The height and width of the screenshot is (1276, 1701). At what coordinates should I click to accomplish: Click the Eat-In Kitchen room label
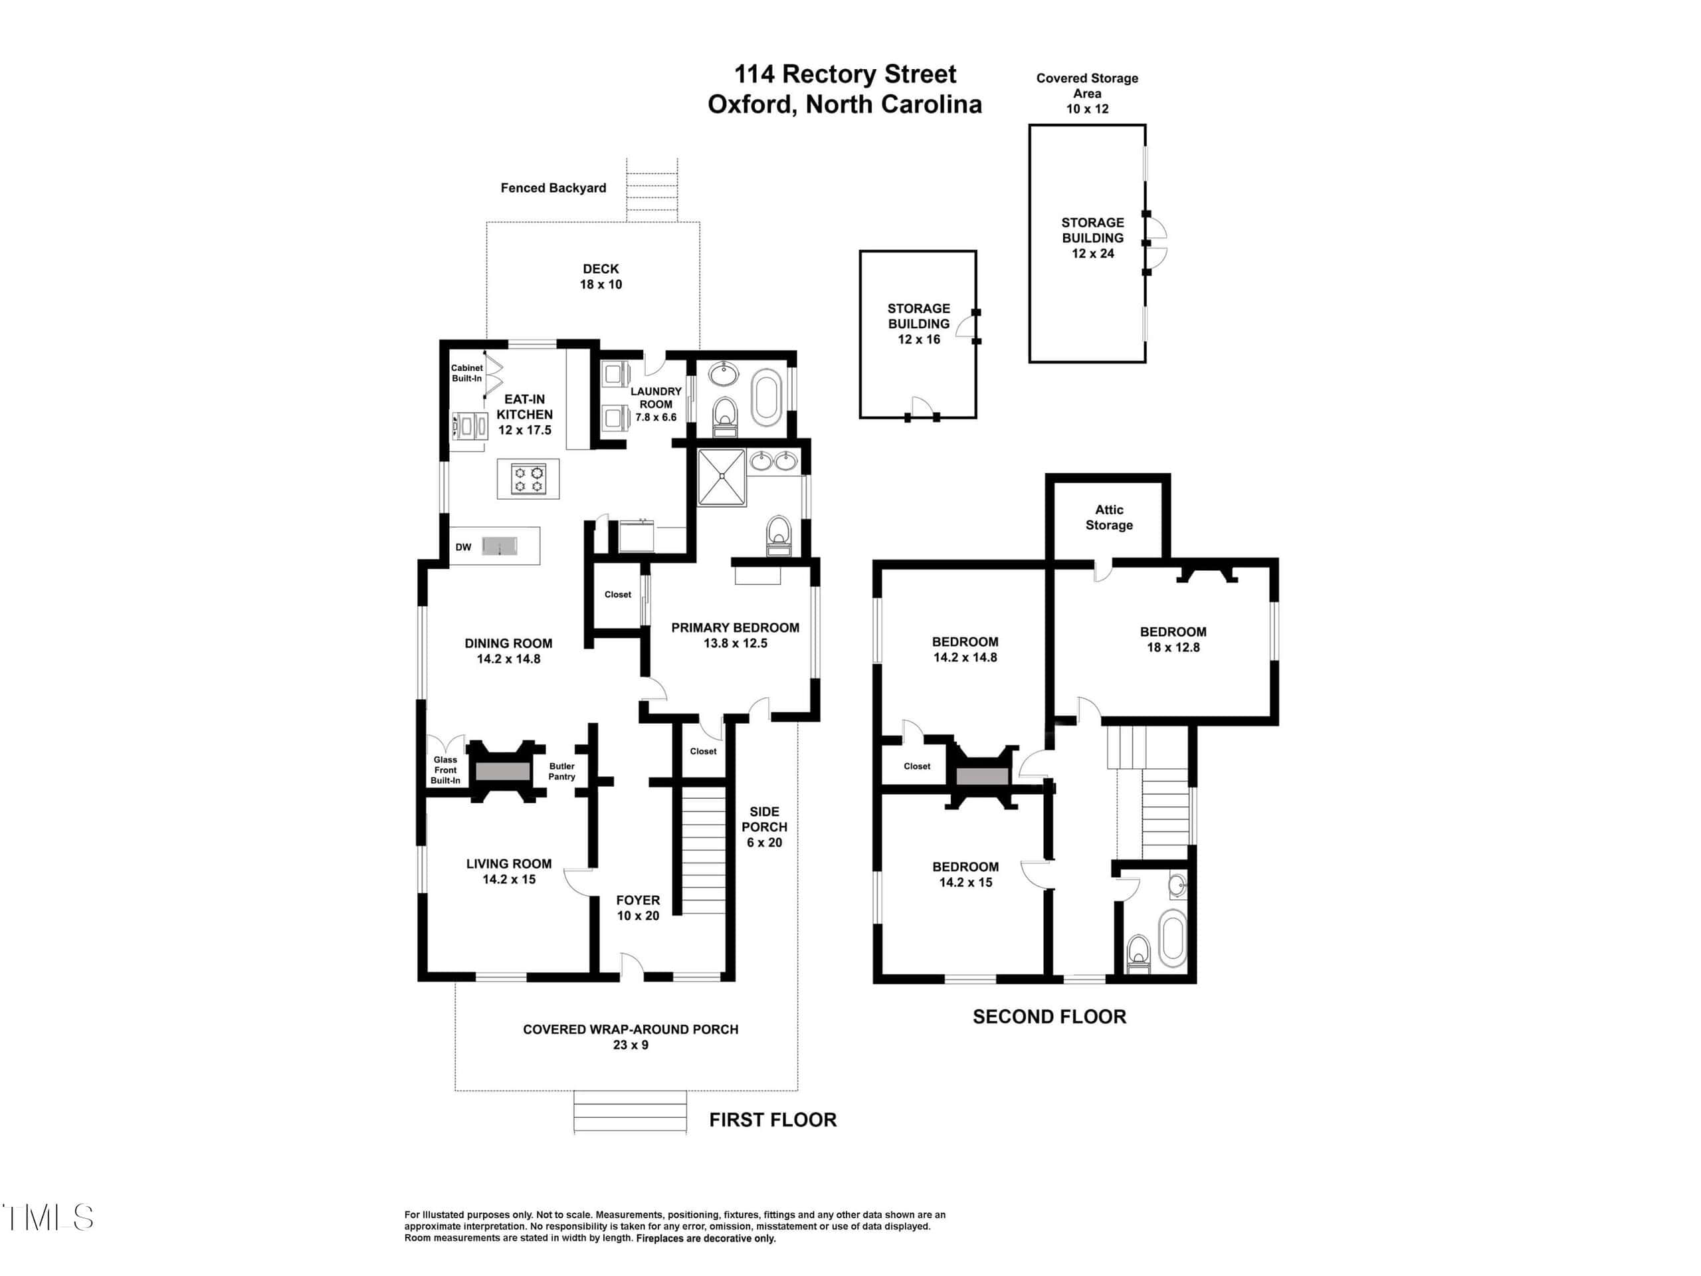coord(524,415)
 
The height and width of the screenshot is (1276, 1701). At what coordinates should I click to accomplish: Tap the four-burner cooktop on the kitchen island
coord(529,478)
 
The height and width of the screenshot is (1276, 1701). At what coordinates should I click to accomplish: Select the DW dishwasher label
coord(463,548)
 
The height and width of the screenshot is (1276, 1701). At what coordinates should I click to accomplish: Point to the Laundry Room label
coord(656,404)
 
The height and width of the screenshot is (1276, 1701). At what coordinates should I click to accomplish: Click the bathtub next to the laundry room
coord(766,397)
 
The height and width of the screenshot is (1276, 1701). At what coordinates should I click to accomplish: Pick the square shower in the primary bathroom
coord(722,478)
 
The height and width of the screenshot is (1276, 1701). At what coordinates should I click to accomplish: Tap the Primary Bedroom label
coord(735,635)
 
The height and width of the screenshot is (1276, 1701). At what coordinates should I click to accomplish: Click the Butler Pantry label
coord(562,772)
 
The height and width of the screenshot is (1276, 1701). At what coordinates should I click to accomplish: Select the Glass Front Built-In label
coord(445,770)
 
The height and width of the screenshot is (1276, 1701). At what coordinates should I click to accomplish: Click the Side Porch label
coord(764,827)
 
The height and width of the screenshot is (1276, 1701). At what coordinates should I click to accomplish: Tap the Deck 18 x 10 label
coord(601,276)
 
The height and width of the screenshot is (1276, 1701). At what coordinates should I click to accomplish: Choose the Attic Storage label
coord(1109,518)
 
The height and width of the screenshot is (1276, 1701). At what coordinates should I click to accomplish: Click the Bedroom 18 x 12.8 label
coord(1173,639)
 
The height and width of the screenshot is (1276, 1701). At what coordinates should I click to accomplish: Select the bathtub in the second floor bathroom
coord(1172,938)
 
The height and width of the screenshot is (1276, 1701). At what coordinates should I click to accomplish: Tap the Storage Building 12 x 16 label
coord(919,324)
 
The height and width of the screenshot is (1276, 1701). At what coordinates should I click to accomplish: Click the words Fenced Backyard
coord(553,187)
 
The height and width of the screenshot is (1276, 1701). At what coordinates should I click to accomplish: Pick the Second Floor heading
coord(1050,1017)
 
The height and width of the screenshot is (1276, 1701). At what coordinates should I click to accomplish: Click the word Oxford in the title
coord(752,104)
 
